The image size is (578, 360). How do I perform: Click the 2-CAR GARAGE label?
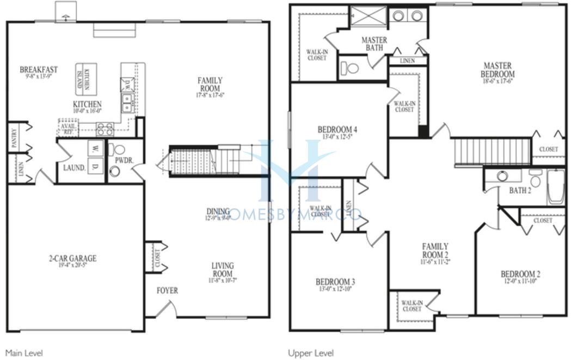pos(72,258)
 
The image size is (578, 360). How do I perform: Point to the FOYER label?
pos(167,291)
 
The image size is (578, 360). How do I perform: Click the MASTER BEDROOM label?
pos(498,70)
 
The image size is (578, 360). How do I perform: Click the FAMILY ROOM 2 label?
pos(435,250)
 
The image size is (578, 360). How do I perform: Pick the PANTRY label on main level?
pos(14,138)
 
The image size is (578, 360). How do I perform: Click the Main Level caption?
pos(23,353)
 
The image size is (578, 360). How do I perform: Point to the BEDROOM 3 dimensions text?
pos(335,289)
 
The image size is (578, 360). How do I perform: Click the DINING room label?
pos(218,211)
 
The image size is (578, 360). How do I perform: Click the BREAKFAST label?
pos(39,70)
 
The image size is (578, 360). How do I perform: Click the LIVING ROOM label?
pos(223,270)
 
